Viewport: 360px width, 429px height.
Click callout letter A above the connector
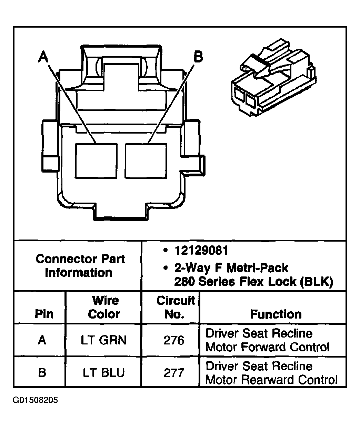click(43, 57)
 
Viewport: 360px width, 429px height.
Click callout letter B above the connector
click(198, 57)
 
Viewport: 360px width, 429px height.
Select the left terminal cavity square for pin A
click(96, 161)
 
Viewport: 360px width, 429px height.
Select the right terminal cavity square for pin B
click(146, 161)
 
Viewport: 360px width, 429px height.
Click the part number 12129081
click(201, 251)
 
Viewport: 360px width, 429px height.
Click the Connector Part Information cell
click(80, 266)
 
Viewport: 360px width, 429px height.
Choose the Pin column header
click(44, 314)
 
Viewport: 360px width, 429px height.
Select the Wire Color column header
click(104, 307)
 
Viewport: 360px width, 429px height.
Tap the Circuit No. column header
click(176, 307)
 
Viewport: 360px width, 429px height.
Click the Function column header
click(276, 314)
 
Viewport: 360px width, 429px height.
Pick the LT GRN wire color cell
click(103, 340)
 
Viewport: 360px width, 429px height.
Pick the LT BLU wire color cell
click(104, 372)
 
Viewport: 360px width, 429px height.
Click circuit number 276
click(174, 340)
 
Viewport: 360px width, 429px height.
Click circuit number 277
click(174, 373)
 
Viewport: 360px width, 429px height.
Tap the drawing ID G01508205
click(35, 400)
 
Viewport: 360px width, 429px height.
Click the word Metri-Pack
click(257, 268)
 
